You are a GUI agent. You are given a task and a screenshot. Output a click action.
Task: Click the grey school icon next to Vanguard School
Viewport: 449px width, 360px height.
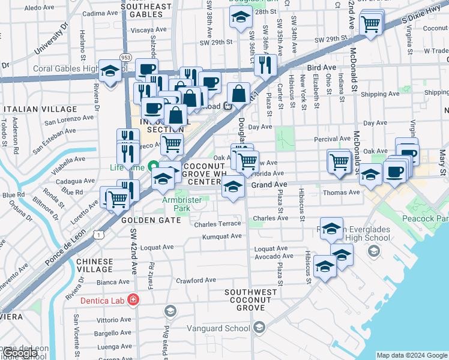click(259, 327)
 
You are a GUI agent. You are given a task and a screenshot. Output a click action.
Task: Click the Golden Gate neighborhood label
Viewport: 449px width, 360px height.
click(151, 220)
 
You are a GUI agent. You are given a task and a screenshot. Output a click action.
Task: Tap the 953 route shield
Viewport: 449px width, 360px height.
click(125, 57)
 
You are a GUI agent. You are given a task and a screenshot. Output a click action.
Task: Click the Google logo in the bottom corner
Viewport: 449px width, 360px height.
click(19, 353)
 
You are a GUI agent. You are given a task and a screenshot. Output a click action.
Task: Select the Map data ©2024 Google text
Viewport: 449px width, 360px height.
click(412, 355)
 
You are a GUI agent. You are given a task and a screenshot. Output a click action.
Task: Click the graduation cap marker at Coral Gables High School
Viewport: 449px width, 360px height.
click(110, 73)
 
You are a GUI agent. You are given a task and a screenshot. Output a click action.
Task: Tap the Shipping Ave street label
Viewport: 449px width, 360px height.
click(380, 94)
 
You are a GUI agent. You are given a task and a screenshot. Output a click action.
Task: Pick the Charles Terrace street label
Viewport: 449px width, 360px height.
click(217, 224)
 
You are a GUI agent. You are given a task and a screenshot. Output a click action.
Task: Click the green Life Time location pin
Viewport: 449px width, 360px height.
click(154, 166)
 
